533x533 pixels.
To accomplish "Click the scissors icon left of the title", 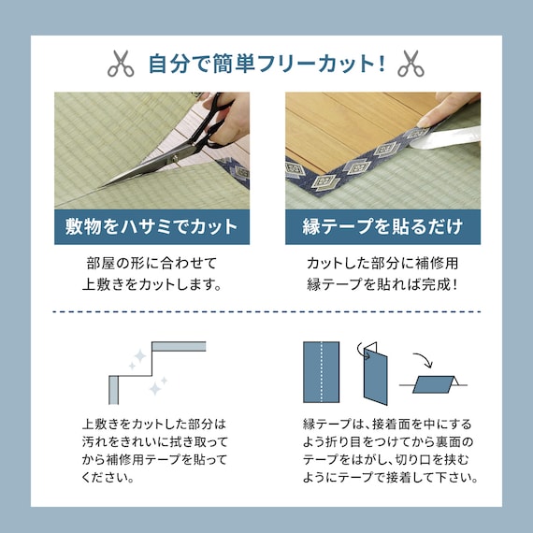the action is [121, 64].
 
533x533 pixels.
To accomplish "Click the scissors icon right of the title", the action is [411, 64].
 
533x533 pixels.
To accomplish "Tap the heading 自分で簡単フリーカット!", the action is [267, 64].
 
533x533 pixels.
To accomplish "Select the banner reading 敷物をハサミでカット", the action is [151, 226].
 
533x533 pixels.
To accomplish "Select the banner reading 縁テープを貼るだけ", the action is [382, 226].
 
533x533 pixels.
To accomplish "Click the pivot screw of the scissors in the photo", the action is [176, 158].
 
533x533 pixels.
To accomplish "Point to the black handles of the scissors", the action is [214, 122].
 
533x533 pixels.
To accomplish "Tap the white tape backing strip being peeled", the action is [445, 137].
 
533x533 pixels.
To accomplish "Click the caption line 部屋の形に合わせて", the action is [151, 264].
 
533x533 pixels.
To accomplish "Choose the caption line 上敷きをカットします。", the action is [151, 284].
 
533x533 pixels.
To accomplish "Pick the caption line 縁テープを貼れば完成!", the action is [382, 284].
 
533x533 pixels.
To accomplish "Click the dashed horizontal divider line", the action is [266, 311].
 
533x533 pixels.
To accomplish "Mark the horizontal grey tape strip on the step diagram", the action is [179, 346].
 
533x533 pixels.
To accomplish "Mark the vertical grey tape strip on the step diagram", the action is [113, 390].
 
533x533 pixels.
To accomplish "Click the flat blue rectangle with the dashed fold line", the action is [322, 372].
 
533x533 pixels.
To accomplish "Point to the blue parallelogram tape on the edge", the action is [433, 384].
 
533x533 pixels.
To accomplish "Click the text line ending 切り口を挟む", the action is [385, 460].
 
